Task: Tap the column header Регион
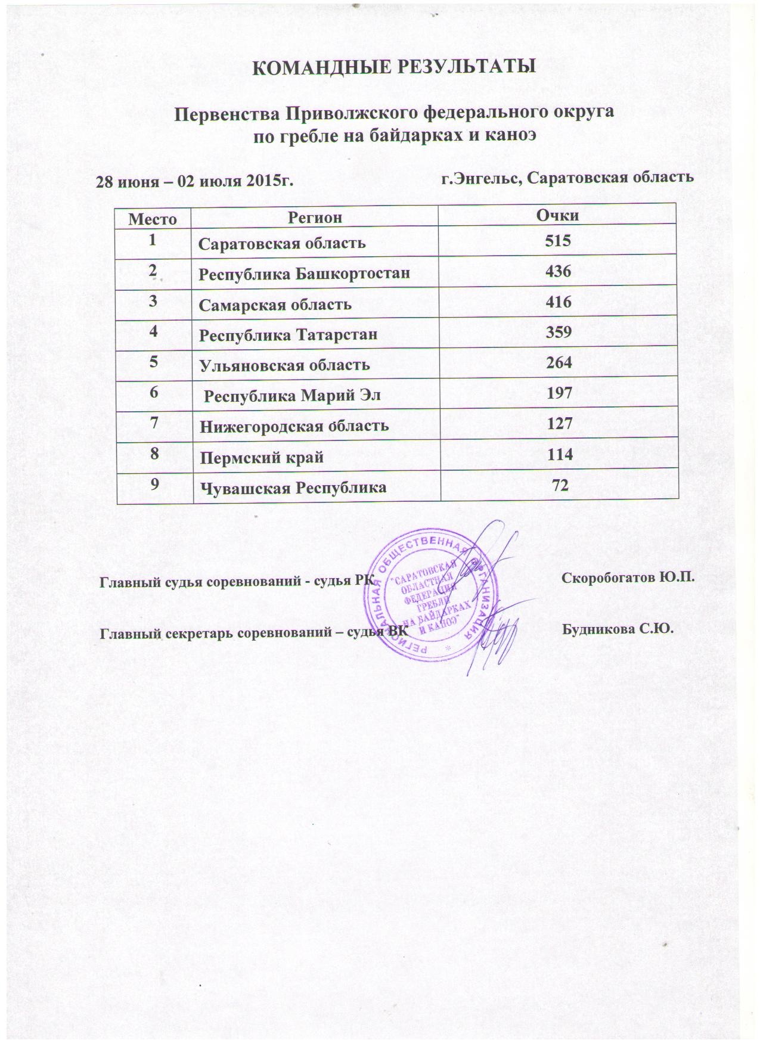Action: click(315, 217)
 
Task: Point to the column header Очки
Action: click(558, 215)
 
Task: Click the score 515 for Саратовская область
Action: click(558, 241)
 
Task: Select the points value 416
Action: click(558, 302)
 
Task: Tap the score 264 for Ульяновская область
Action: click(558, 363)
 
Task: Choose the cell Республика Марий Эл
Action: click(292, 395)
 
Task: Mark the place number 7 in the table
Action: click(154, 423)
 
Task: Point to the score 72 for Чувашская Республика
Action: click(560, 486)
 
